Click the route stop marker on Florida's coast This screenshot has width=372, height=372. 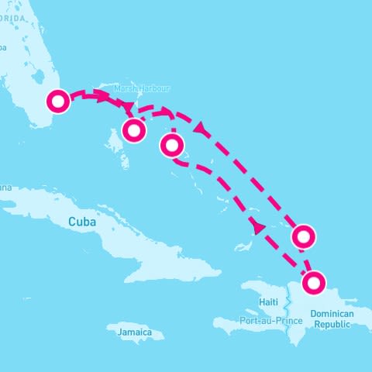coord(58,102)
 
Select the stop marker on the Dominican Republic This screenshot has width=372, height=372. coord(313,284)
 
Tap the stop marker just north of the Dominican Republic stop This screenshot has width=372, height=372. coord(303,236)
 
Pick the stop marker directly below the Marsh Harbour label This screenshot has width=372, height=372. coord(134,130)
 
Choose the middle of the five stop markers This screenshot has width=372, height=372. coord(171,145)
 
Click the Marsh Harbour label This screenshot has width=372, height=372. coord(142,88)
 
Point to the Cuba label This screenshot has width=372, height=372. coord(82,222)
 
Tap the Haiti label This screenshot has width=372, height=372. coord(268,301)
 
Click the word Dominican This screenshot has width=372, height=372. coord(332,314)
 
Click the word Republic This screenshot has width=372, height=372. coord(332,325)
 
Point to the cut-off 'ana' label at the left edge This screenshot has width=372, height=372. coord(5,187)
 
